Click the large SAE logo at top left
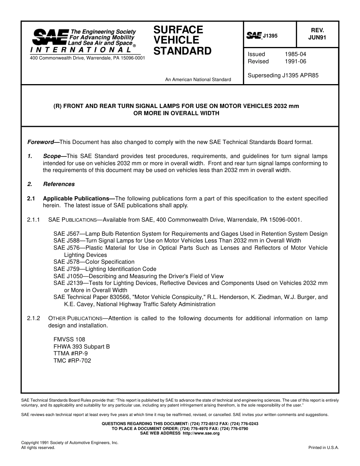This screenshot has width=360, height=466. pos(50,38)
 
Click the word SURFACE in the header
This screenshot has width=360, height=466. pos(178,30)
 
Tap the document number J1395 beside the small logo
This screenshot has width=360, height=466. pos(270,36)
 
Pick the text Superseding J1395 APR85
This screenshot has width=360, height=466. pos(283,75)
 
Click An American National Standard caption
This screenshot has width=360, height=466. pos(198,80)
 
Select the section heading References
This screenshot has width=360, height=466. pos(59,184)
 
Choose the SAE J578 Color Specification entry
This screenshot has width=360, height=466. pos(94,262)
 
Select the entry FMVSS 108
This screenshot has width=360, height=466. pos(69,339)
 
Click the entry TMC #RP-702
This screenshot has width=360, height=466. pos(72,361)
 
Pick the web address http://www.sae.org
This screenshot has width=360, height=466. pos(201,433)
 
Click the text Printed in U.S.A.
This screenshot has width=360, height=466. pos(324,447)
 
